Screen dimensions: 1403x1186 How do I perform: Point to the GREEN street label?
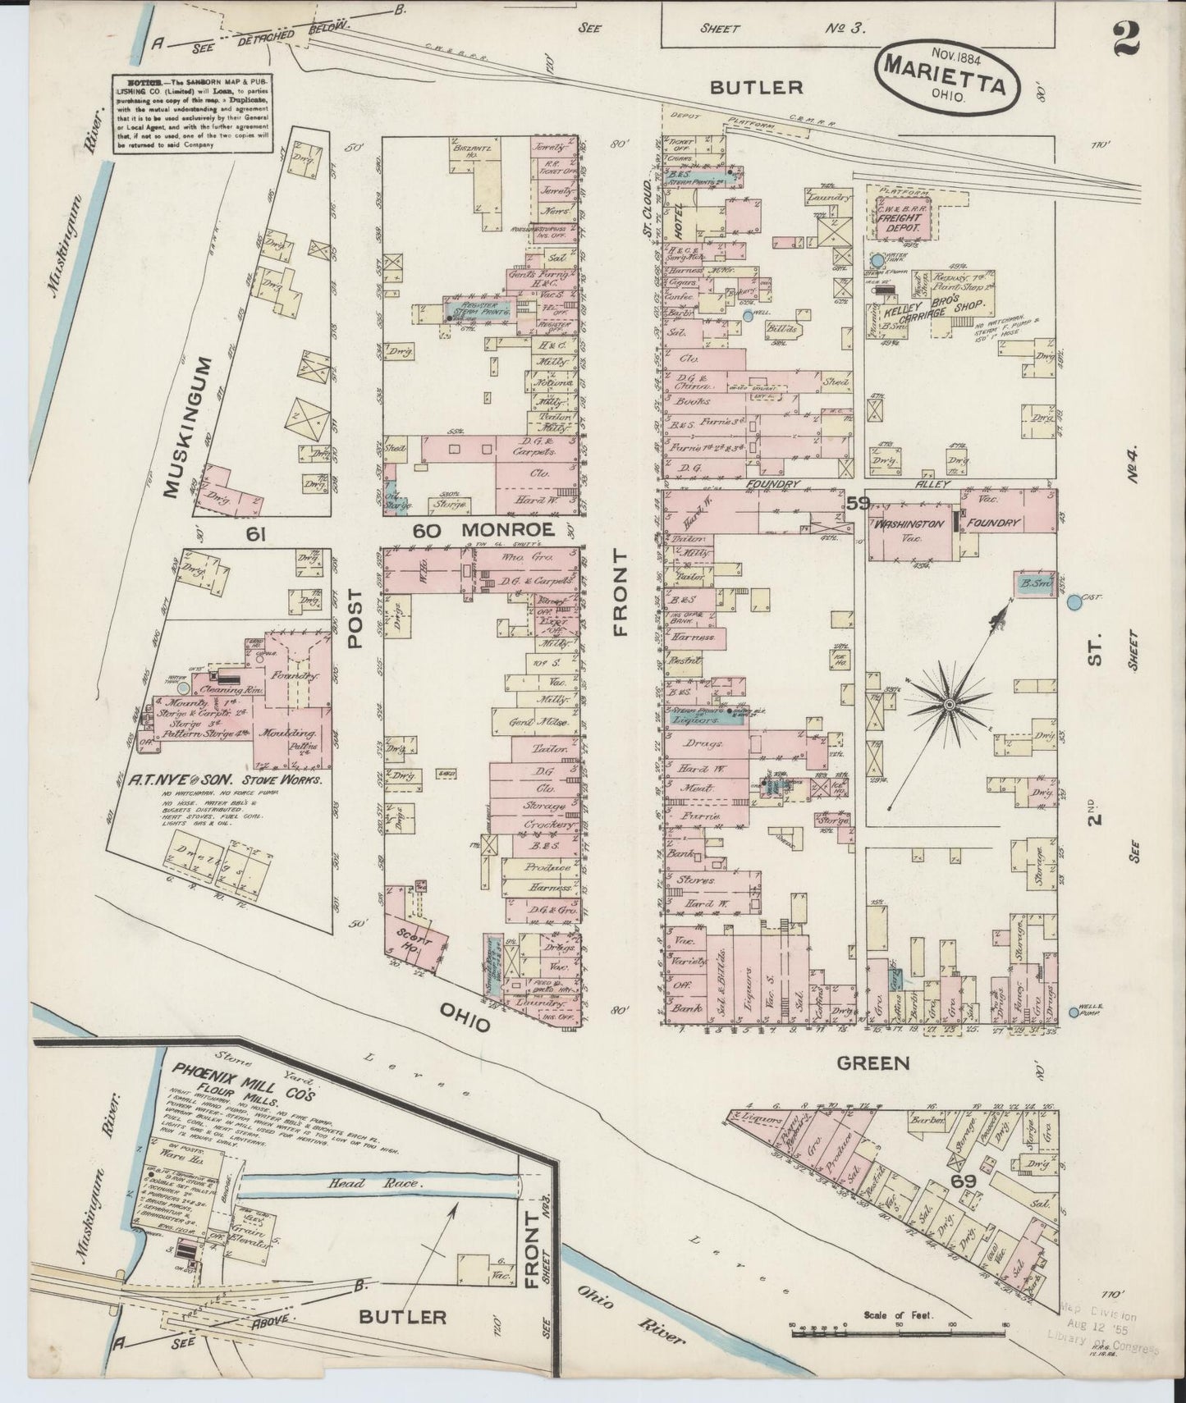[x=873, y=1063]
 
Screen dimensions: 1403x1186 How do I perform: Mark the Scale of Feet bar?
[x=898, y=1332]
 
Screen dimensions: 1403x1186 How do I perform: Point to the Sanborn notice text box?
[x=194, y=112]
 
